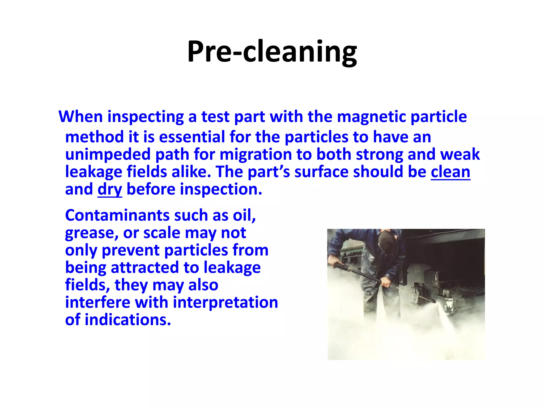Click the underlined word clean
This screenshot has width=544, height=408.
[x=450, y=172]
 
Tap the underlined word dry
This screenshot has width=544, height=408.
[x=110, y=190]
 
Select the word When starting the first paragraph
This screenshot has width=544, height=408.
[x=80, y=117]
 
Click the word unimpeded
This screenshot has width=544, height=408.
[x=108, y=154]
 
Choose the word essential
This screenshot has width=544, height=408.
[x=192, y=137]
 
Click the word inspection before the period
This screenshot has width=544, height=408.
[x=221, y=190]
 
